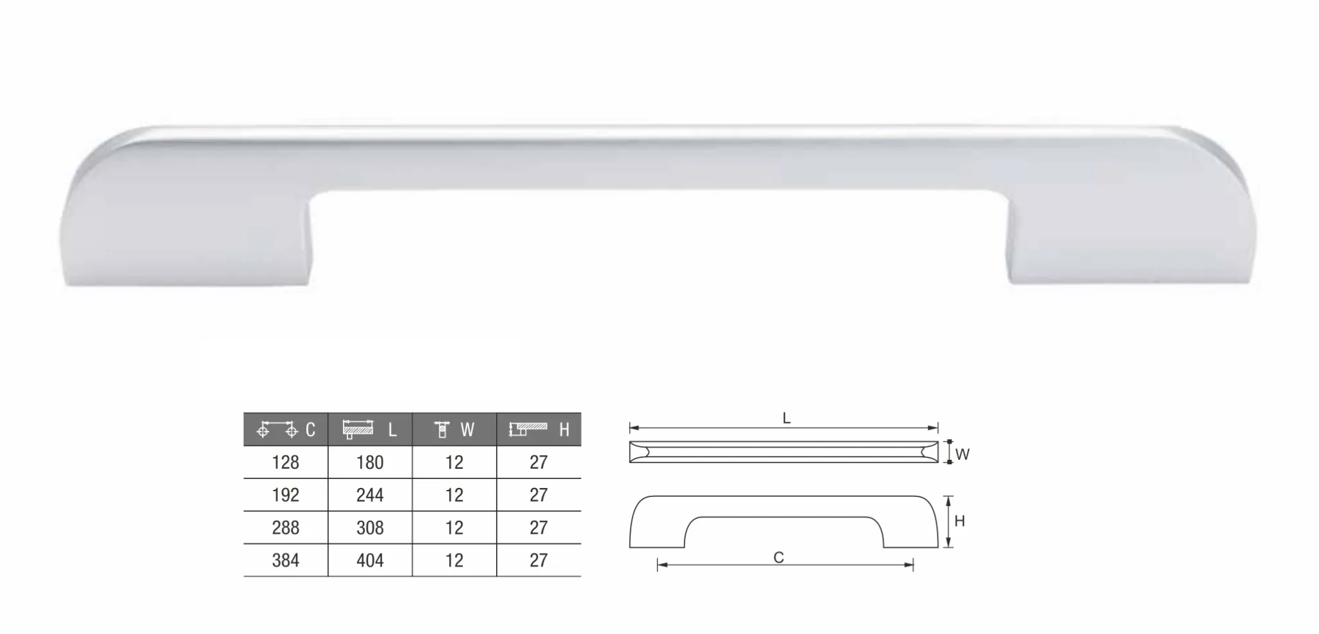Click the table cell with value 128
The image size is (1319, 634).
[x=286, y=462]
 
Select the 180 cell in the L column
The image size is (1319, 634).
[x=370, y=462]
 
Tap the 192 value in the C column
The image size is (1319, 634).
[x=286, y=495]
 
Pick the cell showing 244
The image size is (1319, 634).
[x=370, y=495]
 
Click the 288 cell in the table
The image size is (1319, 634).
[x=286, y=528]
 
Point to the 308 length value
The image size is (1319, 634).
[x=370, y=528]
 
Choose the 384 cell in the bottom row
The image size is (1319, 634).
[x=286, y=561]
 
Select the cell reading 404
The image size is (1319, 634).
[x=370, y=561]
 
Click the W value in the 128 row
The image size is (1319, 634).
[x=454, y=462]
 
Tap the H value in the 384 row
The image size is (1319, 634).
[x=539, y=561]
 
